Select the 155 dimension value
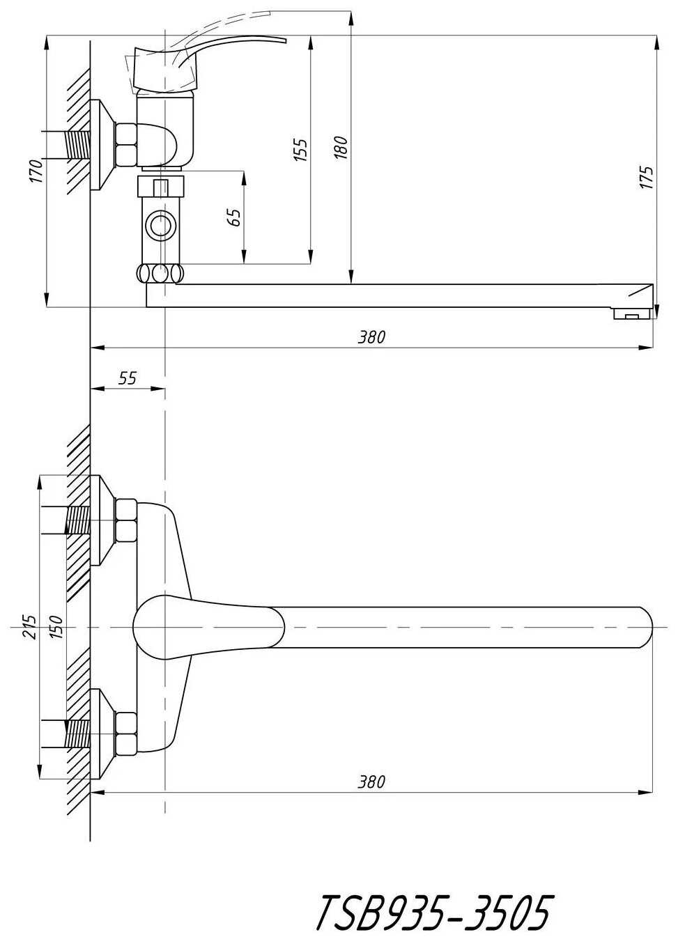pyautogui.click(x=300, y=150)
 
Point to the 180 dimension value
pyautogui.click(x=341, y=148)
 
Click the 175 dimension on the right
pyautogui.click(x=647, y=178)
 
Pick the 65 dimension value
pyautogui.click(x=235, y=217)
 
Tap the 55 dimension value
pyautogui.click(x=128, y=378)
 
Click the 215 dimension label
pyautogui.click(x=29, y=628)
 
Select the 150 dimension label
pyautogui.click(x=56, y=628)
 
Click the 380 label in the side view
pyautogui.click(x=371, y=337)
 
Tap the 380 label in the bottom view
pyautogui.click(x=371, y=782)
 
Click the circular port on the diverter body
pyautogui.click(x=161, y=226)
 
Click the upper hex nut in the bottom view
pyautogui.click(x=126, y=520)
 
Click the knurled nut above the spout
pyautogui.click(x=161, y=272)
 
